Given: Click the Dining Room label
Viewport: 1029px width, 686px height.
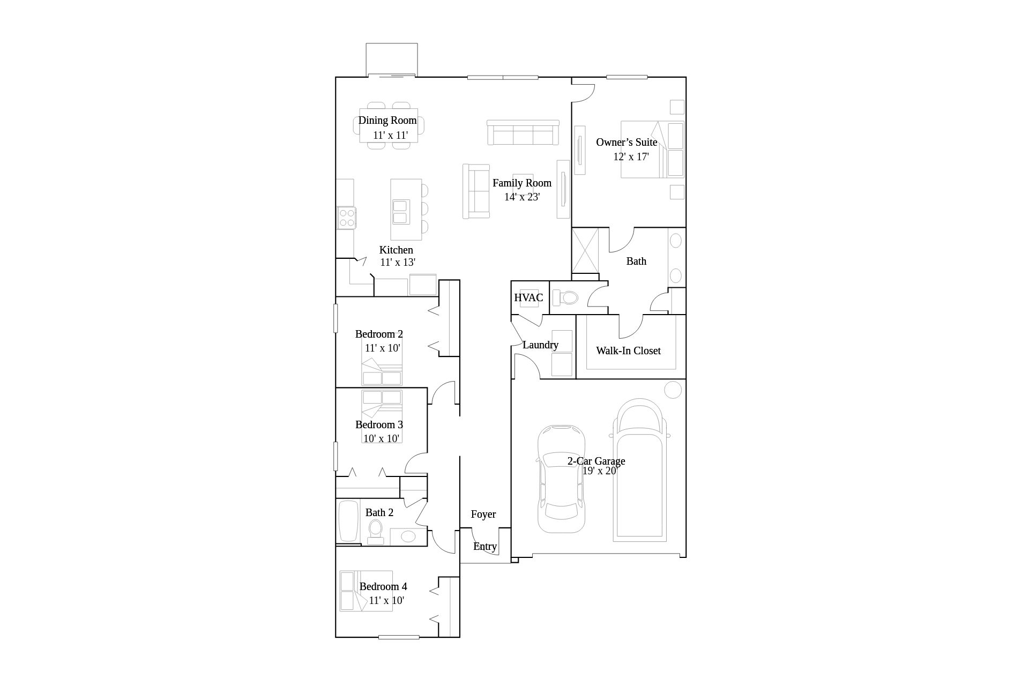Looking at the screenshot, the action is click(387, 120).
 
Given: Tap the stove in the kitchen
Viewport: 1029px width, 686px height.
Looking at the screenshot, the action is click(346, 218).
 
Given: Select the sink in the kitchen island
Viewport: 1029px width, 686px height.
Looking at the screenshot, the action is click(401, 212).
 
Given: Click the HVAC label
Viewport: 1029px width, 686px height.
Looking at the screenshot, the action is click(528, 297).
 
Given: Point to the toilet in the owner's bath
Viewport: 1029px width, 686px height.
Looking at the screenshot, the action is click(565, 297).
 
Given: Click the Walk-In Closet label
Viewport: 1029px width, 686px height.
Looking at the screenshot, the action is click(628, 351).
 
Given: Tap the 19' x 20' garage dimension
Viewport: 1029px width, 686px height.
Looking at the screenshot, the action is click(599, 471).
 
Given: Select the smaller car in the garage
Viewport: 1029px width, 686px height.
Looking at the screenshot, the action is click(561, 479).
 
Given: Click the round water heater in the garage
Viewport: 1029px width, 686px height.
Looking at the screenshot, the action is click(673, 390).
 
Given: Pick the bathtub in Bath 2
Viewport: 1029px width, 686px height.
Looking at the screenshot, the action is click(348, 521).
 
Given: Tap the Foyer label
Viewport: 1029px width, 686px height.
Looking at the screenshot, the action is click(483, 514).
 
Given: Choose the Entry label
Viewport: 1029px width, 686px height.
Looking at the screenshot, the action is click(485, 546).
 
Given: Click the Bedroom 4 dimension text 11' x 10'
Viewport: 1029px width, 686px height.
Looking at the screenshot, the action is click(386, 600).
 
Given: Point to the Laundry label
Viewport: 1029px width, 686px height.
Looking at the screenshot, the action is click(540, 345).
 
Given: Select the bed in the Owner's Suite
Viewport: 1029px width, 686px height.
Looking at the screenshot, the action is click(653, 150).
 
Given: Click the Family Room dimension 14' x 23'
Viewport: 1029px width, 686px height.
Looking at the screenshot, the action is click(522, 197).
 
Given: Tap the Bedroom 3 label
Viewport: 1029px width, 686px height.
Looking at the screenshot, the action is click(379, 424).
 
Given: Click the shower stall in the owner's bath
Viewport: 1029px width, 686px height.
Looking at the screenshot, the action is click(585, 250).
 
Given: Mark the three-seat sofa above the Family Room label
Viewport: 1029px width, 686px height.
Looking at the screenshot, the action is click(523, 132).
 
